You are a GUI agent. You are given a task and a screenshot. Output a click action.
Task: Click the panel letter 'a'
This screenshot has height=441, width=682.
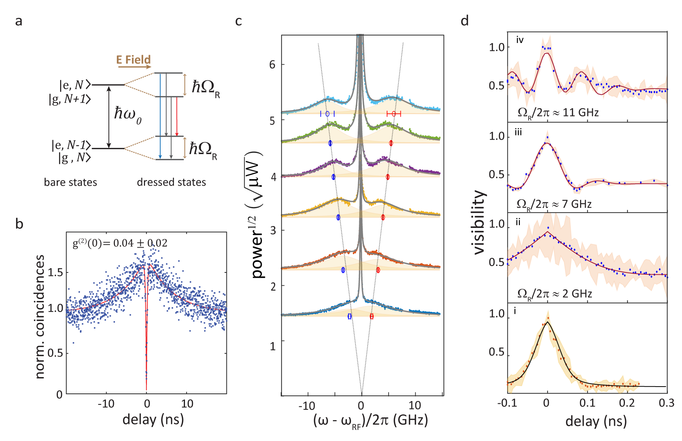click(19, 21)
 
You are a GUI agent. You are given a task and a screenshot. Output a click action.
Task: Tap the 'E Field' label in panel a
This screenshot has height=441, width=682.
click(134, 60)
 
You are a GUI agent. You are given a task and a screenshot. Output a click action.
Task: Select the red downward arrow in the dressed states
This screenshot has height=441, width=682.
click(177, 116)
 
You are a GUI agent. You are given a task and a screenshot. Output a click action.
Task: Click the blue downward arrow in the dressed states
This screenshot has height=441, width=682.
click(160, 116)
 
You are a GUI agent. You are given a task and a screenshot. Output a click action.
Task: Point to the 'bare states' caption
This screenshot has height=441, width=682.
click(70, 182)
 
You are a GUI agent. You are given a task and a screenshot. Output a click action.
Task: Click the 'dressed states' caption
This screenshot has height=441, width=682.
click(171, 182)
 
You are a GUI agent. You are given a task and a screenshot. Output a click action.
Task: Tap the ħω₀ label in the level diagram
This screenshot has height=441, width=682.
click(128, 114)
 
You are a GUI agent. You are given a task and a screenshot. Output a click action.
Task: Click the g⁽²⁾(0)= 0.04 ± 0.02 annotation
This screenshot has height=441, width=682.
click(120, 243)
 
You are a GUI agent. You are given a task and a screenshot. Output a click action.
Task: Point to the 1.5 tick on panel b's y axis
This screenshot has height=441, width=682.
click(54, 272)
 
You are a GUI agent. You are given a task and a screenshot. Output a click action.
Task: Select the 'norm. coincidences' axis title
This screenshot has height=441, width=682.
click(40, 317)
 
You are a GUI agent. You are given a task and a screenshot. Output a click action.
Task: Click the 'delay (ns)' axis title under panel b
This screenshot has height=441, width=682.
click(153, 419)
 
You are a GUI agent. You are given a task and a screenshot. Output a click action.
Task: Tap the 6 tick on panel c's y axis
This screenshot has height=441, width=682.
click(272, 65)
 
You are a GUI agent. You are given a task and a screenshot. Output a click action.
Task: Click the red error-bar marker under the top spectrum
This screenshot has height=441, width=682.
click(394, 114)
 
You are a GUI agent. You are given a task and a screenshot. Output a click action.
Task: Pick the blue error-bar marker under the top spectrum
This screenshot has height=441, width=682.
click(327, 114)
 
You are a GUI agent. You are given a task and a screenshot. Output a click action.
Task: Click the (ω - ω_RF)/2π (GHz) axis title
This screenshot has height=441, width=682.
click(370, 420)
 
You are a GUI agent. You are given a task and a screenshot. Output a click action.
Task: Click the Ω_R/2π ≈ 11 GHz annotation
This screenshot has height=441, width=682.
click(558, 113)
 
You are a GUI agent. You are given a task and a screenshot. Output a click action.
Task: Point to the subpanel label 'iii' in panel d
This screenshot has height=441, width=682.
click(518, 132)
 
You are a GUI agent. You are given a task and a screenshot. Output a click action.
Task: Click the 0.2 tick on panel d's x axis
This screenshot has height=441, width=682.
click(627, 403)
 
